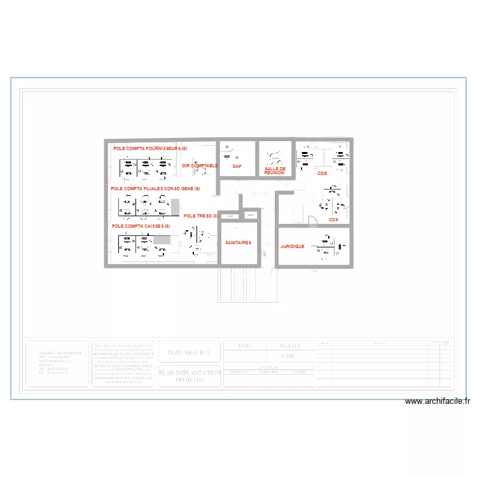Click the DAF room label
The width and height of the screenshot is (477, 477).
pos(237,166)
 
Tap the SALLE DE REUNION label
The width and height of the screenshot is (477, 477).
pos(275,170)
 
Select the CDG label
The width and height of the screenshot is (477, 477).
pos(322,173)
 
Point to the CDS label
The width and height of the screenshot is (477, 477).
pos(333,220)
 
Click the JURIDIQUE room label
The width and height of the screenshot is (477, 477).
pos(293,246)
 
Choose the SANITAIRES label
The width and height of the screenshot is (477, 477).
pos(238,242)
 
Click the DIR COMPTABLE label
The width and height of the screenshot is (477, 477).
pos(200,165)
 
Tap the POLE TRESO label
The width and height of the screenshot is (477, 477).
pos(200,216)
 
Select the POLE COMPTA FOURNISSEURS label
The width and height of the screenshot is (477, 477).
pos(150,148)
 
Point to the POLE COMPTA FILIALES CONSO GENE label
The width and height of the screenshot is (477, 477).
pos(155,189)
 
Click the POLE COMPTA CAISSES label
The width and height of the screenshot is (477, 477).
pos(141,226)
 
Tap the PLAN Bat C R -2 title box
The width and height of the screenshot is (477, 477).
pos(189,350)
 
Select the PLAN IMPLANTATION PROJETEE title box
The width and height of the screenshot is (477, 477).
pos(189,376)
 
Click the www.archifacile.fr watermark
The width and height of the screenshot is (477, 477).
pos(437,401)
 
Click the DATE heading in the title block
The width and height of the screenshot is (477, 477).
pos(245,345)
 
